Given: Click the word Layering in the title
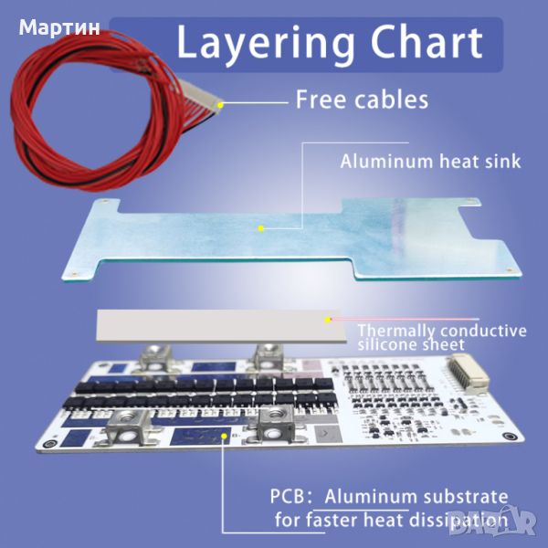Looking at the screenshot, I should [x=266, y=43].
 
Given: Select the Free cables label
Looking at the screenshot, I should [x=362, y=100].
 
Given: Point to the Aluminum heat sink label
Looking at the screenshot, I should [x=430, y=162].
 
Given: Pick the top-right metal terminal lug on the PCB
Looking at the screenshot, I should [x=267, y=352].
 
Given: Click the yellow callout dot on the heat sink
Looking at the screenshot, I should [x=261, y=228].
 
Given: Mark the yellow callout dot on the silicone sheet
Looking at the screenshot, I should [x=330, y=320].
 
